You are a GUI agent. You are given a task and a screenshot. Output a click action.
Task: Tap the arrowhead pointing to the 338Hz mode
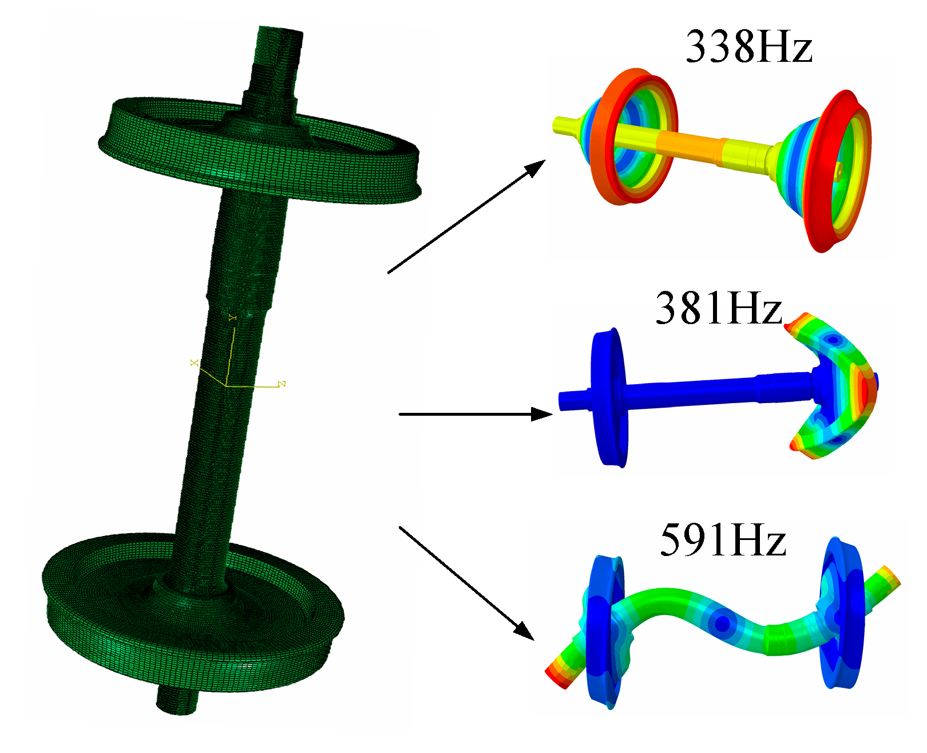coord(536,168)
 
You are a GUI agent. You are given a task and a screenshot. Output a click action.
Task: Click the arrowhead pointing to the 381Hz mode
coord(542,414)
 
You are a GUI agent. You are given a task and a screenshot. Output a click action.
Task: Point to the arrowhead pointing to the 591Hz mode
coord(524,630)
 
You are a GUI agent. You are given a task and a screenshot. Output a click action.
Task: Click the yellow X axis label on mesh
coord(195,363)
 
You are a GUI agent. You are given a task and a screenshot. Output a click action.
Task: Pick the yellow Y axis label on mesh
coord(232,317)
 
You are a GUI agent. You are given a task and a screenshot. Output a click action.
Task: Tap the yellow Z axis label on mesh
coord(282,384)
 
